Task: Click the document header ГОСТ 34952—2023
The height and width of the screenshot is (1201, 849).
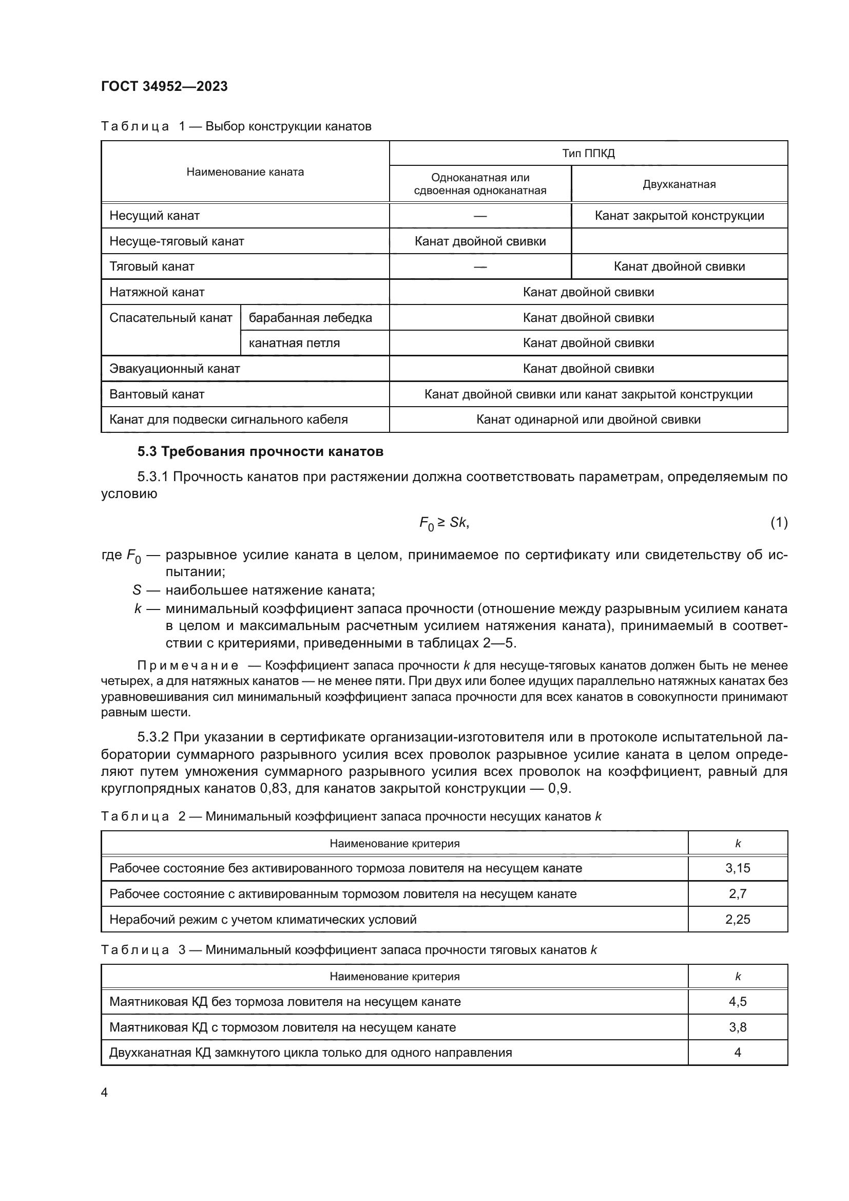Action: point(164,87)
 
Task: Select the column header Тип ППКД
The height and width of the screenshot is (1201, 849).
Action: point(588,153)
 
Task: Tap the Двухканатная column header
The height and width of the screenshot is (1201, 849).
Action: point(679,184)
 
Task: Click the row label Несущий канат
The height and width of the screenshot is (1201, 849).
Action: point(154,216)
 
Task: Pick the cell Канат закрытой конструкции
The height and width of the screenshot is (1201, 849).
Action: point(679,216)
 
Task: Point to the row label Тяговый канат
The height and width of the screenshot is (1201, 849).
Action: point(151,266)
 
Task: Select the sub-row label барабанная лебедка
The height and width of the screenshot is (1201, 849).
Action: point(310,317)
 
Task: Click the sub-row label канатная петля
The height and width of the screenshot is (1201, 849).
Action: point(294,343)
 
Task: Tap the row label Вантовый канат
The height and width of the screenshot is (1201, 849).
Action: point(157,394)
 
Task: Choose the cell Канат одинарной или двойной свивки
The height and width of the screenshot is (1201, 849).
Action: point(588,420)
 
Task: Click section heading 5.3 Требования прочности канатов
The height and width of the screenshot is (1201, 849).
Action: point(260,451)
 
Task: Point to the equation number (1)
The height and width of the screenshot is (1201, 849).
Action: point(779,522)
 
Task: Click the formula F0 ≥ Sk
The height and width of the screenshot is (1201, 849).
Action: point(444,523)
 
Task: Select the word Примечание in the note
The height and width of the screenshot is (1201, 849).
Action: point(188,665)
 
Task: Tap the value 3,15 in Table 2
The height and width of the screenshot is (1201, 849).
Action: point(737,868)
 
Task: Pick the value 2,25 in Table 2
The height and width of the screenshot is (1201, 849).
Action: point(737,919)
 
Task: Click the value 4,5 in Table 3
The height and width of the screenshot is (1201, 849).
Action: point(737,1002)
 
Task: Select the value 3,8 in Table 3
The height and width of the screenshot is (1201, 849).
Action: point(737,1027)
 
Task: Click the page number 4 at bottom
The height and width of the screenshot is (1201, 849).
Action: point(104,1093)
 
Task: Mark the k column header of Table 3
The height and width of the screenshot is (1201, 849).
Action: point(738,977)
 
